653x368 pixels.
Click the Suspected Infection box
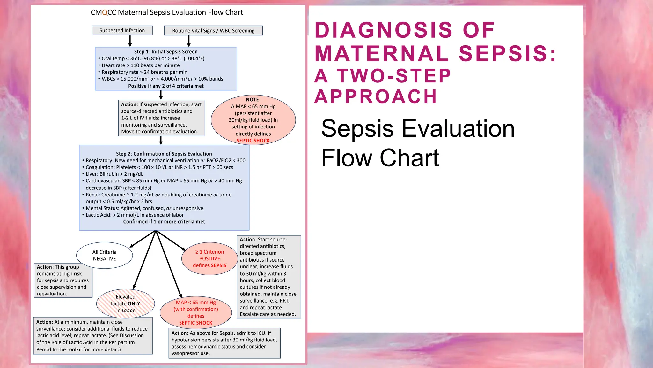coord(122,30)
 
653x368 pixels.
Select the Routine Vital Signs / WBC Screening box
coord(213,31)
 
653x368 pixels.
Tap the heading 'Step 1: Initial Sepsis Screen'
coord(166,52)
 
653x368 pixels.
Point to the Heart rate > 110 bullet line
coord(141,65)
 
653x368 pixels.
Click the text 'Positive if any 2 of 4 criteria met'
coord(166,86)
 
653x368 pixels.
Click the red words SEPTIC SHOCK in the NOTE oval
coord(253,141)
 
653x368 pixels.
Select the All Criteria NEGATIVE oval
coord(105,255)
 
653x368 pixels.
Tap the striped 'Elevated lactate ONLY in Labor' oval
coord(126,303)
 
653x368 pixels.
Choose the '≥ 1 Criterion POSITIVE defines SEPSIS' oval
coord(209,259)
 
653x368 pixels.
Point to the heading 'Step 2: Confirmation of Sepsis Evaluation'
coord(164,154)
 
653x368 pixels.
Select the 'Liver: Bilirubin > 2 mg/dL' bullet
coord(114,174)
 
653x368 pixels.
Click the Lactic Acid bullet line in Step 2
coord(135,215)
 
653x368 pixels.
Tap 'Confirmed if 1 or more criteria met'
coord(164,222)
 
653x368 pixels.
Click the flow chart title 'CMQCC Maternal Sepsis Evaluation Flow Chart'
coord(167,12)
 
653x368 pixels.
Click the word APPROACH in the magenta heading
coord(376,96)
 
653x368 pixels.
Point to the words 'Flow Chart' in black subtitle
coord(380,158)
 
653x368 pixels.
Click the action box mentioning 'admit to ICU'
coord(224,343)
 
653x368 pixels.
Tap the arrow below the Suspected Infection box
coord(130,41)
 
